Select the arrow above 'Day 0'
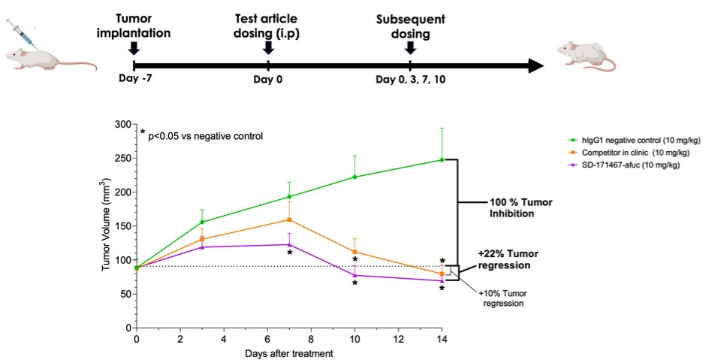268,48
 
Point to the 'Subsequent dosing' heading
409,25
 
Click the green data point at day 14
442,159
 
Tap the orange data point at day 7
289,219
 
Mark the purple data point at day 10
355,275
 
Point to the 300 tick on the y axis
121,124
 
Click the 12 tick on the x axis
398,338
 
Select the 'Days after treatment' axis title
289,352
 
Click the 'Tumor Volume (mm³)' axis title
106,226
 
